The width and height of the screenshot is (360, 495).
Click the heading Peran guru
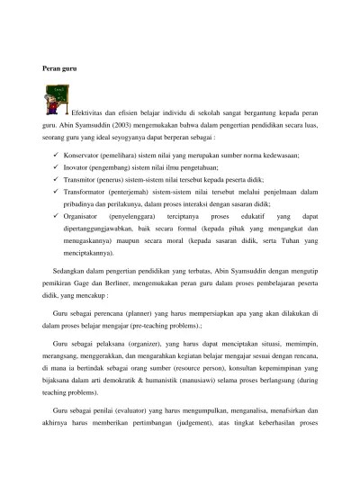(x=60, y=68)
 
